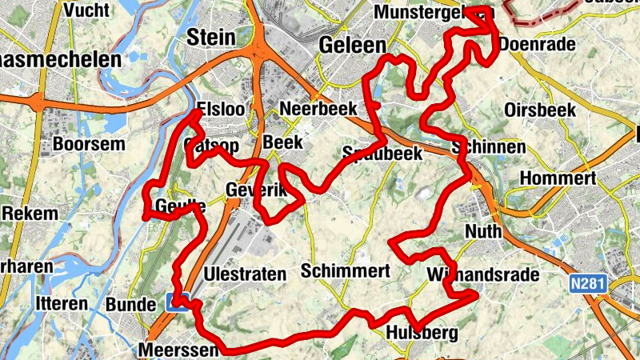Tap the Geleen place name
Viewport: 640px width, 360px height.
352,45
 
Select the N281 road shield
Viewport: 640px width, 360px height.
590,283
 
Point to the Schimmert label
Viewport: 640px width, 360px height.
346,271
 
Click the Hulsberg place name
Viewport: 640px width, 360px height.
421,333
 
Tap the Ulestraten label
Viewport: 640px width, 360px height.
245,274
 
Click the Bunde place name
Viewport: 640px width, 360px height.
130,305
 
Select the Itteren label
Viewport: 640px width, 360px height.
61,304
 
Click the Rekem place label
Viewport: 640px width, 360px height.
30,214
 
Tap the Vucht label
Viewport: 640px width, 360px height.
90,10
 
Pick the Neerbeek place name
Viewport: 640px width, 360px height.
318,109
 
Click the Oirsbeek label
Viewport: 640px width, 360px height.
541,110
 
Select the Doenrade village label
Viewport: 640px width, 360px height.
537,44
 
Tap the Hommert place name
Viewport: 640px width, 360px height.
558,178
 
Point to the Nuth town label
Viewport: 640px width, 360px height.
483,231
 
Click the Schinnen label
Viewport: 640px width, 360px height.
488,147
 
